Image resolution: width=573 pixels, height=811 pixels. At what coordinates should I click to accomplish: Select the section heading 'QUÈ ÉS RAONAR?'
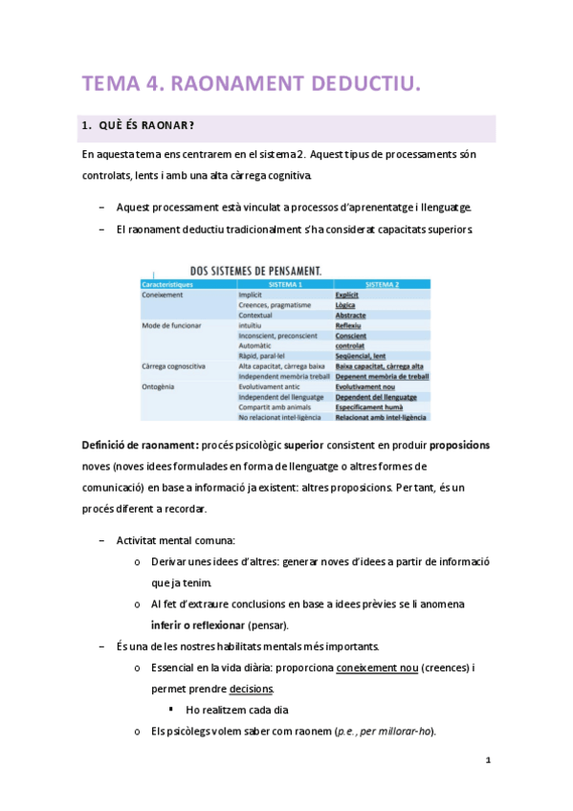[140, 129]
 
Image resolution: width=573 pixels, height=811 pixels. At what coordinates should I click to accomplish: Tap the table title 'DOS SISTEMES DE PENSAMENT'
[255, 271]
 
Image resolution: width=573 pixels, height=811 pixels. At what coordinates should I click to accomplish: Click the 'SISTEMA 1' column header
[285, 284]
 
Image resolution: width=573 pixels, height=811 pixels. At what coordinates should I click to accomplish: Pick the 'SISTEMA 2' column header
[382, 284]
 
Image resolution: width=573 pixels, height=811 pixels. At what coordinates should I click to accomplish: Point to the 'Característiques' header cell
[168, 284]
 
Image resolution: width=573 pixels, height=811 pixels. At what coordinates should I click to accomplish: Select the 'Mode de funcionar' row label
[171, 325]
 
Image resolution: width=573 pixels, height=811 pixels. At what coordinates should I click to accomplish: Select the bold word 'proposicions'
[459, 446]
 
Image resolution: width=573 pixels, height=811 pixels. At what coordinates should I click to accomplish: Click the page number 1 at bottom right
[488, 760]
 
